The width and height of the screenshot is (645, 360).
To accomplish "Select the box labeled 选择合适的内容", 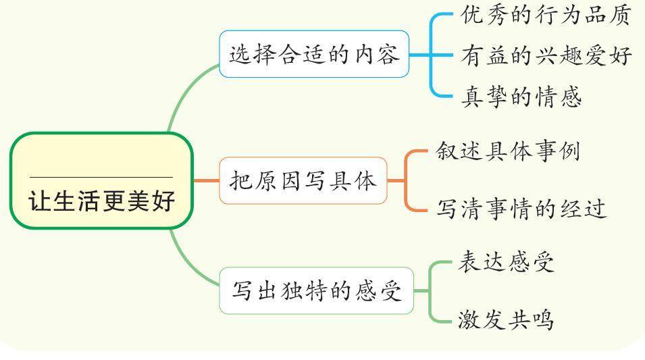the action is coord(314,54).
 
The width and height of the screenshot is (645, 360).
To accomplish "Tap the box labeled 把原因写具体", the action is coord(303,181).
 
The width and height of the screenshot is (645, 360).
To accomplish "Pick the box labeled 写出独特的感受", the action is coord(316,290).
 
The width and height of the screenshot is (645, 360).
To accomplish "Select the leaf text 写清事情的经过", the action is coord(521,208).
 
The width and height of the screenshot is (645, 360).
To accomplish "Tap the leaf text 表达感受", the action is coord(506,261).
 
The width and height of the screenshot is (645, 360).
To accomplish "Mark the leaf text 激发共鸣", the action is coord(506,318).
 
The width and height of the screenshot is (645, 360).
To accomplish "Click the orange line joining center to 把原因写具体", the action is coord(206,181).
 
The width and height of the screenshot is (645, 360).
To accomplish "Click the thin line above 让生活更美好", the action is coord(101,177).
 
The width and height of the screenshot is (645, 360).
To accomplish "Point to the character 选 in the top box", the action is coord(240,54).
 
